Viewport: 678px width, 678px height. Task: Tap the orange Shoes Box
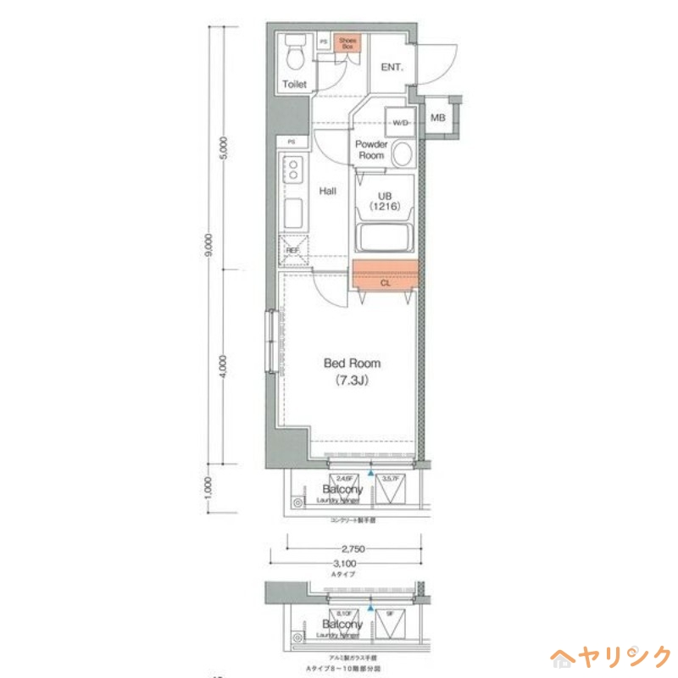[347, 43]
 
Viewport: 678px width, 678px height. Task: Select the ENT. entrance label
[392, 67]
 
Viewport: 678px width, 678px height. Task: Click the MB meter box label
[438, 118]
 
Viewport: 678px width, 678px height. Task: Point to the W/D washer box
[399, 123]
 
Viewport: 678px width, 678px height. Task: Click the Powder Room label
[371, 150]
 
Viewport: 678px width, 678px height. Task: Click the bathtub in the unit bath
[385, 237]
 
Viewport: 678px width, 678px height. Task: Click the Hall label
[327, 192]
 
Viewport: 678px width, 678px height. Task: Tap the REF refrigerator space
[293, 250]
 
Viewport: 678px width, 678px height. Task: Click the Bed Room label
[352, 364]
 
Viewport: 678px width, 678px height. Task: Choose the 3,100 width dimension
[344, 564]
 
